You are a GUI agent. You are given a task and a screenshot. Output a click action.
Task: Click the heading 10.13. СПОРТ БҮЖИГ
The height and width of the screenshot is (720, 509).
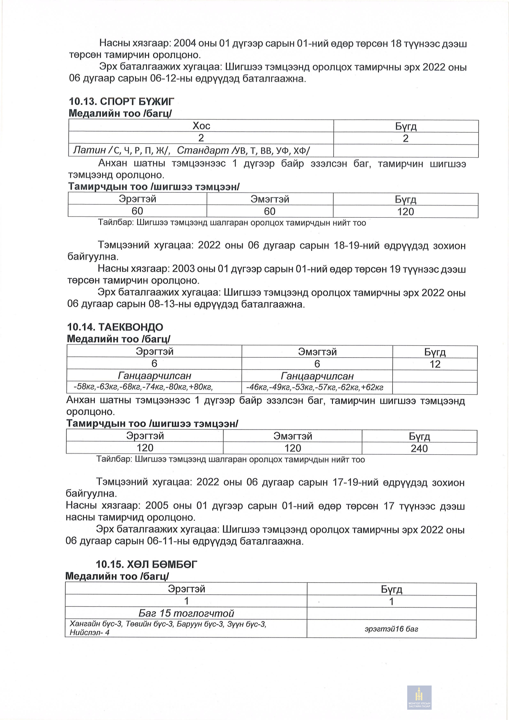(x=122, y=101)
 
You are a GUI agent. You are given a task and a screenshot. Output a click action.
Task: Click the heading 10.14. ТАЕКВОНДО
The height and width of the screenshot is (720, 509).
(x=115, y=327)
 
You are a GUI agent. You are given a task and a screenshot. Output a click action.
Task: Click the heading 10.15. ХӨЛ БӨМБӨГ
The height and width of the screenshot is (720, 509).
(x=146, y=564)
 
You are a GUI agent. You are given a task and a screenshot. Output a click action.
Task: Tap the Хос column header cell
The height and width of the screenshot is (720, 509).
(x=201, y=126)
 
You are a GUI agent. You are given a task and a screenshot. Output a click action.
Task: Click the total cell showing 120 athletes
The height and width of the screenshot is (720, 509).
(x=406, y=212)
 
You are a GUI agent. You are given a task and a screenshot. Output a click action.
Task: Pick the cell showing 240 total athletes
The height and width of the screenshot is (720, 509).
(x=419, y=449)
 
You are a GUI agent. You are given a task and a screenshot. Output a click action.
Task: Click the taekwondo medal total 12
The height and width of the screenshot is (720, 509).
(x=435, y=364)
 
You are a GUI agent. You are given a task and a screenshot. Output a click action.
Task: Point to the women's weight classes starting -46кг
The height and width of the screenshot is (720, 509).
(x=314, y=387)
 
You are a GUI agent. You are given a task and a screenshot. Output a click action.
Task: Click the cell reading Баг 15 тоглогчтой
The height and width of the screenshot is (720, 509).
(x=186, y=613)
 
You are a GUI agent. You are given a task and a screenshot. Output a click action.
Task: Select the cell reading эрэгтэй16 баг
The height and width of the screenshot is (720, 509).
(x=391, y=629)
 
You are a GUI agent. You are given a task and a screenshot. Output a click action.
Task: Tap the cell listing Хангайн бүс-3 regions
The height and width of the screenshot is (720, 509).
(x=168, y=628)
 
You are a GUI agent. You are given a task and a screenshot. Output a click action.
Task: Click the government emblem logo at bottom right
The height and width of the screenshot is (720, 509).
(x=419, y=697)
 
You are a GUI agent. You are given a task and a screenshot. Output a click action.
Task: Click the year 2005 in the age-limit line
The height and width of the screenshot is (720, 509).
(x=157, y=506)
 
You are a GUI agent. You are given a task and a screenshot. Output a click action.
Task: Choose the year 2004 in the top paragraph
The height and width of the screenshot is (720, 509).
(x=185, y=44)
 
